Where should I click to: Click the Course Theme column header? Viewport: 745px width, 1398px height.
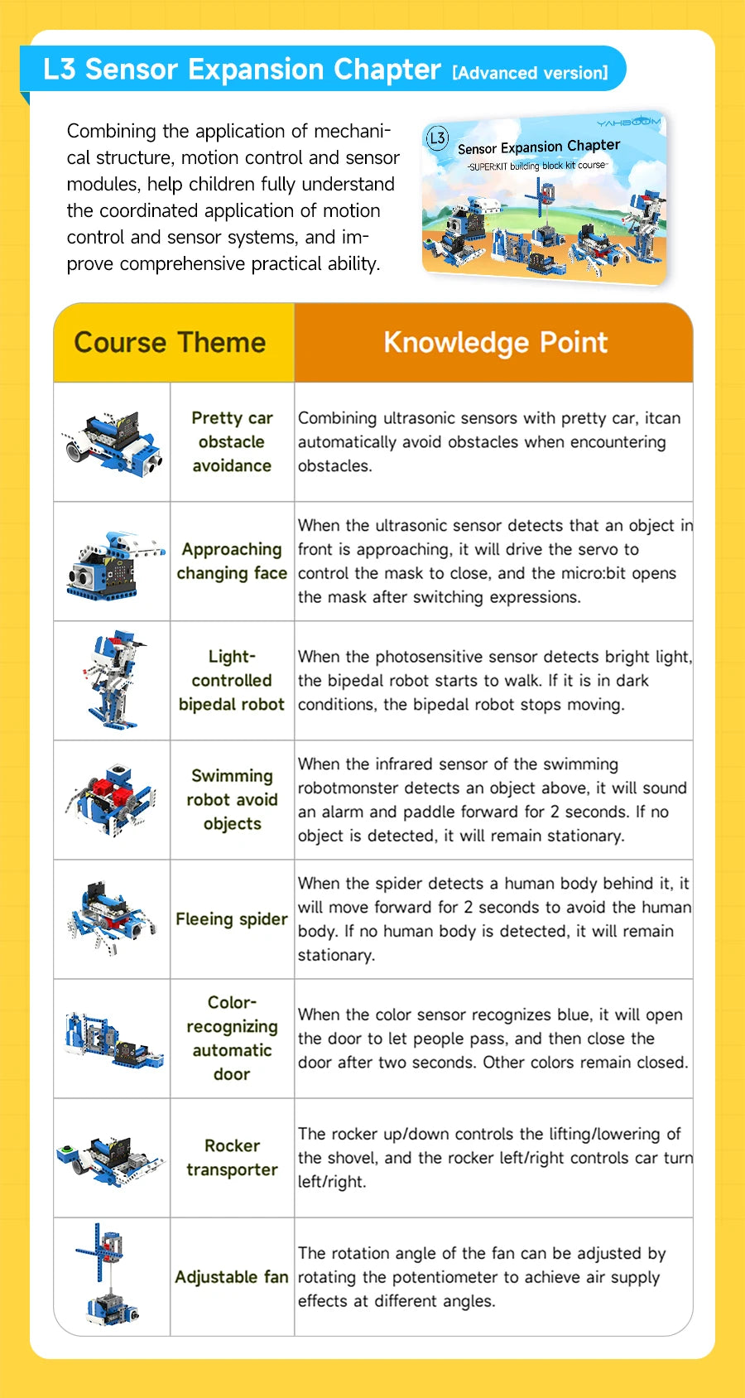[x=170, y=343]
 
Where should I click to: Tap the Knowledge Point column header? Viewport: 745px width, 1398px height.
[x=495, y=343]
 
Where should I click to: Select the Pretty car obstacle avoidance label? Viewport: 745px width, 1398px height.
[x=232, y=441]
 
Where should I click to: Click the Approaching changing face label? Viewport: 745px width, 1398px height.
[x=232, y=561]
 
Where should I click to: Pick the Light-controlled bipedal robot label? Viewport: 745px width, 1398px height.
[x=232, y=680]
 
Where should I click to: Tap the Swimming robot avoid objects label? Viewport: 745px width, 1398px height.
[x=232, y=799]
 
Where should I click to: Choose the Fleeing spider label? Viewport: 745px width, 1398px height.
[x=232, y=918]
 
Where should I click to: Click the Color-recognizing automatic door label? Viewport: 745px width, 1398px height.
[x=232, y=1038]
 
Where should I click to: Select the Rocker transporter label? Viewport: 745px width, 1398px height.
[x=232, y=1157]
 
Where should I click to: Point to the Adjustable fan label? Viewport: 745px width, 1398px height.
[x=232, y=1277]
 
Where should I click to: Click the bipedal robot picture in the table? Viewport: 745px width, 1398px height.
[x=113, y=680]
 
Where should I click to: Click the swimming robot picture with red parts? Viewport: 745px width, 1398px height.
[x=112, y=799]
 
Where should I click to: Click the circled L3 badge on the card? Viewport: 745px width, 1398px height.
[x=437, y=138]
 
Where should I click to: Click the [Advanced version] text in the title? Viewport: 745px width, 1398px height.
[x=530, y=73]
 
